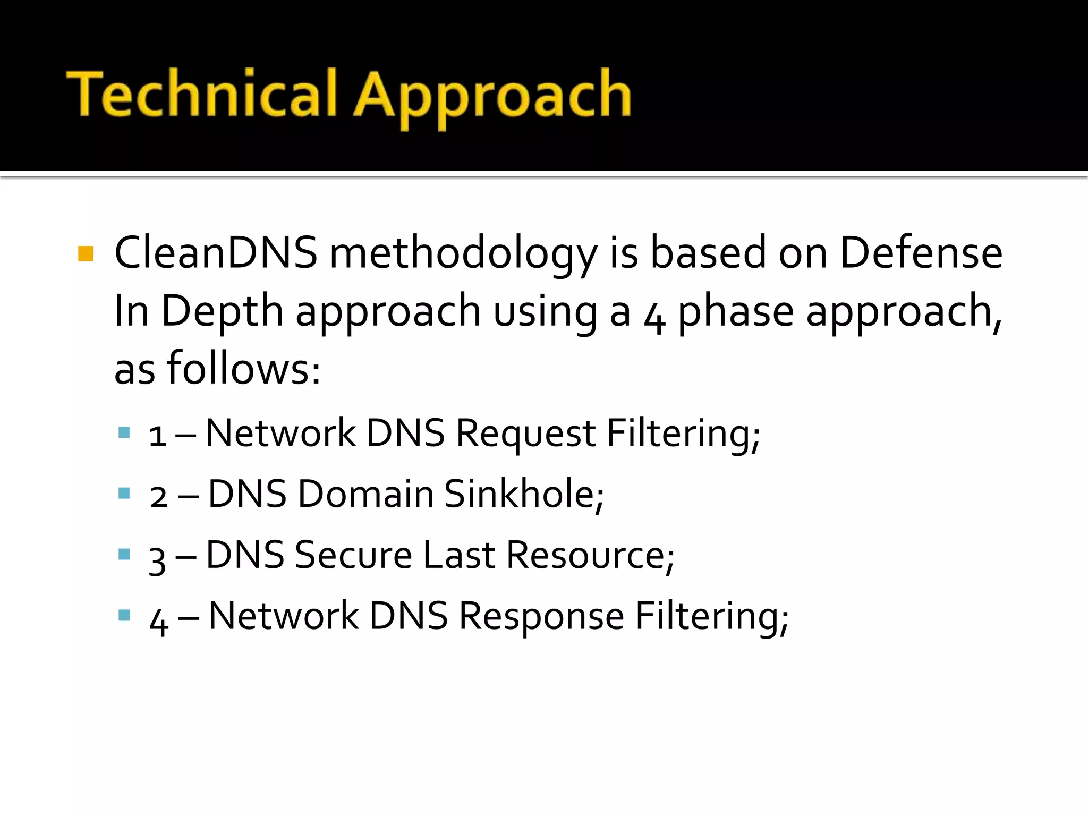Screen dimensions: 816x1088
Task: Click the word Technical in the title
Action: (x=202, y=95)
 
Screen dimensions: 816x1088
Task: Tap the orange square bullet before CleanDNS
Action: (x=86, y=253)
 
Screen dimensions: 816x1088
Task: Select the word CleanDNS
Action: (x=216, y=252)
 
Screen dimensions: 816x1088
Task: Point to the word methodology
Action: (x=463, y=254)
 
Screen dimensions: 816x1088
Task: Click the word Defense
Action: (x=921, y=252)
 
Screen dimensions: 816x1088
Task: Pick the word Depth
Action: (x=222, y=311)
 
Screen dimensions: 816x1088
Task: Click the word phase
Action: (x=736, y=311)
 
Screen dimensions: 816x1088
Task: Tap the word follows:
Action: (x=244, y=369)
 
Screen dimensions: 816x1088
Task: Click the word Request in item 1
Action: (x=525, y=433)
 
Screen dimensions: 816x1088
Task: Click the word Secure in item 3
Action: (x=353, y=555)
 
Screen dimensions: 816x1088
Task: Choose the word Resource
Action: (x=590, y=555)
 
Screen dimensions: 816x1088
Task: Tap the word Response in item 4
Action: (x=541, y=616)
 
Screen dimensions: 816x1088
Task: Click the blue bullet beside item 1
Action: (x=124, y=432)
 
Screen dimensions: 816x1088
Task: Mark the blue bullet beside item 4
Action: (x=124, y=615)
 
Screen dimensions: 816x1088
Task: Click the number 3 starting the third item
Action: (x=157, y=559)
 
